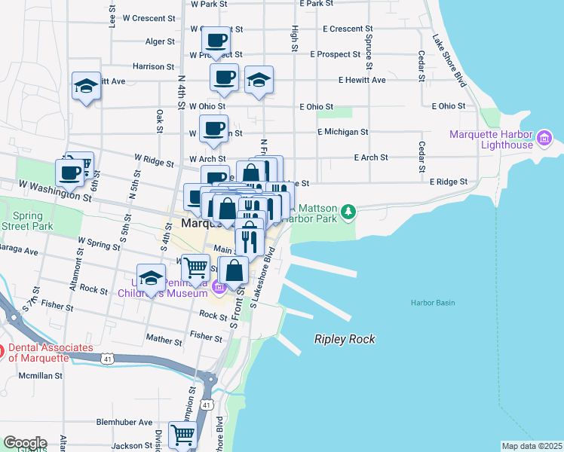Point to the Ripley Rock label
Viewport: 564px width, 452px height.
(x=345, y=339)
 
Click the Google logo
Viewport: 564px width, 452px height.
(x=24, y=443)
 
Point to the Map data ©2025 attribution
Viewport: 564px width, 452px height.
(x=532, y=446)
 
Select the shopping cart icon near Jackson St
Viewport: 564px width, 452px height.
(x=182, y=435)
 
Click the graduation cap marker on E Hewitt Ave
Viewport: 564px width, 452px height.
(x=259, y=81)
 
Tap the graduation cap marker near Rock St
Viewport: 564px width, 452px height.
(x=151, y=279)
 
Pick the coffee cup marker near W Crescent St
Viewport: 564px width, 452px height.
(x=216, y=40)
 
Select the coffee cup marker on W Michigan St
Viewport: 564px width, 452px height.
(x=213, y=129)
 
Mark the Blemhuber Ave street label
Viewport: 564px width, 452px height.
(x=128, y=423)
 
